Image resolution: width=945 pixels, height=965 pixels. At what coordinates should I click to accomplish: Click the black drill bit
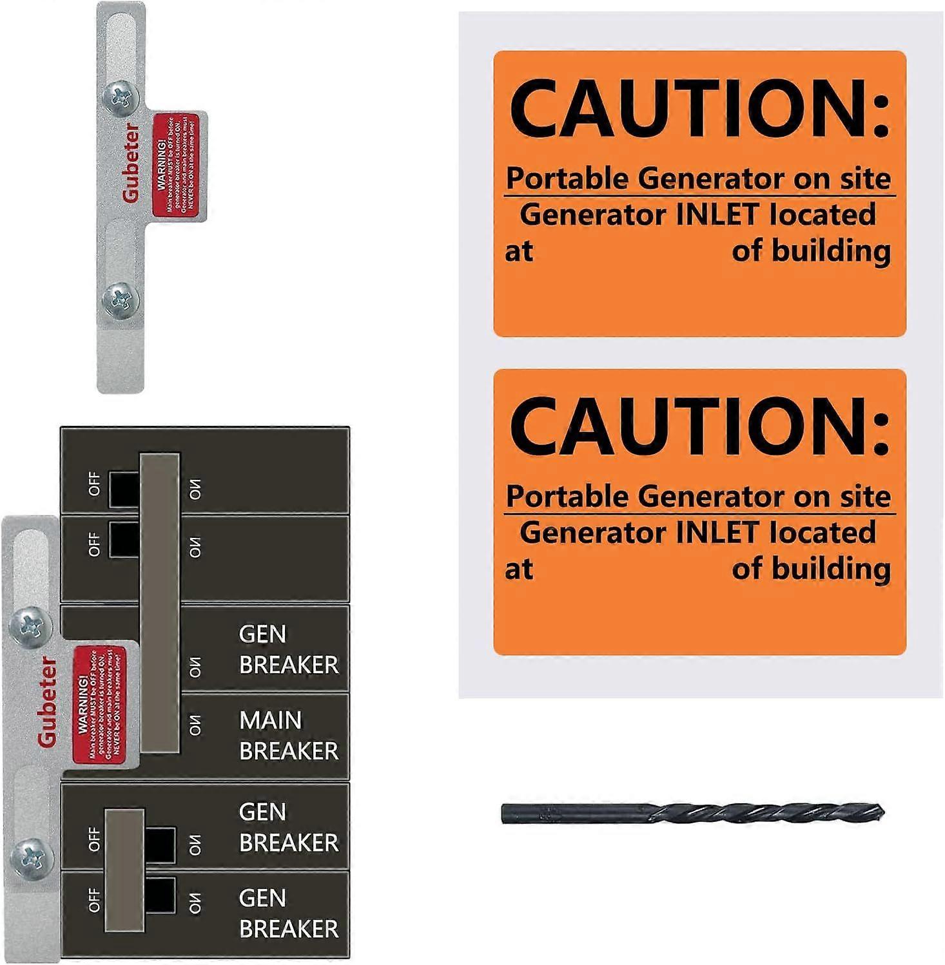693,813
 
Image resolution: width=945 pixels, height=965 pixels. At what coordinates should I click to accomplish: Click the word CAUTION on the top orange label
699,108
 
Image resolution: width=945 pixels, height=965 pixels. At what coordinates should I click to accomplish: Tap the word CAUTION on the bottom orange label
699,426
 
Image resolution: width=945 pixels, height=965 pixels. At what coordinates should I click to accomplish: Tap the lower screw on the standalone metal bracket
121,299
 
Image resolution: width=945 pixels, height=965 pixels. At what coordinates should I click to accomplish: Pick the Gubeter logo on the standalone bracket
131,164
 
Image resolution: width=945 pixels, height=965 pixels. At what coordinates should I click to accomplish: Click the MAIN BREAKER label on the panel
288,735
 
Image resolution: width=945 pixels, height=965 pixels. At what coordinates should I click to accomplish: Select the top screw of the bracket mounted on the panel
30,623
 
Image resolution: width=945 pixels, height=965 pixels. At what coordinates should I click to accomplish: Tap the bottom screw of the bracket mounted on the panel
30,856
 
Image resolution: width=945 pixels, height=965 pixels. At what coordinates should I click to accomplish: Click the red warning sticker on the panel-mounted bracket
99,705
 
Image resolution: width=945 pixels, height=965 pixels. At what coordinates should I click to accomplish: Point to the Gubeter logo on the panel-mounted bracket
46,702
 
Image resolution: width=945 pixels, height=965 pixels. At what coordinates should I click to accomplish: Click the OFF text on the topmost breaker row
94,484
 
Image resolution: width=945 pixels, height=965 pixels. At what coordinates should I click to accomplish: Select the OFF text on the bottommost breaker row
94,900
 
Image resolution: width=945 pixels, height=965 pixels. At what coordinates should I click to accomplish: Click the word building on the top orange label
832,251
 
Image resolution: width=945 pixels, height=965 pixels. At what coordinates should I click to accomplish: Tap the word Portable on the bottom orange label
568,496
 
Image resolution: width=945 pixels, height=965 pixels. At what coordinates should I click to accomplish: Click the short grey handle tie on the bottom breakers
124,870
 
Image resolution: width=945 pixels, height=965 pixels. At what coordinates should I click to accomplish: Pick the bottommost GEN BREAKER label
288,913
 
